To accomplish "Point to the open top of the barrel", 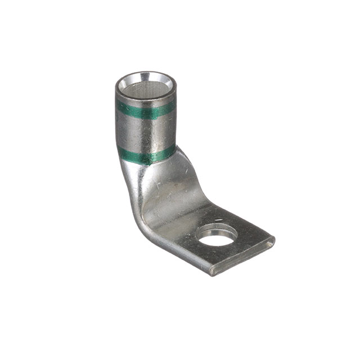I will click(146, 89).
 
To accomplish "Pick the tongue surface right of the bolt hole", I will click(250, 239).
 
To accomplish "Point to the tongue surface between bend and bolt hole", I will click(180, 222).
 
